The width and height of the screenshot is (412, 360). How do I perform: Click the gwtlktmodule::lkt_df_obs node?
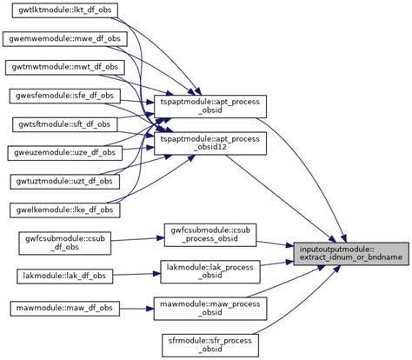[x=63, y=10]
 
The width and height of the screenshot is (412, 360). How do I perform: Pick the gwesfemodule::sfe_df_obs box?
[x=63, y=96]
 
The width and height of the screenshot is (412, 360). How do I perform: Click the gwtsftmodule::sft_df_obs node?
[x=63, y=124]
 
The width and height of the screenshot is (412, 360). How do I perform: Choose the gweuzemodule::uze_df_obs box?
[x=63, y=152]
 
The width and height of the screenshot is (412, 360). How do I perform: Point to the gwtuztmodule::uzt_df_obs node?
[x=63, y=181]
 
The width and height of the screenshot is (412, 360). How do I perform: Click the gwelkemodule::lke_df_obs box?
[x=63, y=210]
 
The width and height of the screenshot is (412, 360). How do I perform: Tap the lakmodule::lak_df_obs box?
[x=63, y=276]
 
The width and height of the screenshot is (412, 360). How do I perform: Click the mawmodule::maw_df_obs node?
[x=63, y=309]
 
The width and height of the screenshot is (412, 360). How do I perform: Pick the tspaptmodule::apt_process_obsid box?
[x=215, y=106]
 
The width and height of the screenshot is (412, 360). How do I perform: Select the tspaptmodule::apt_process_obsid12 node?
[x=215, y=143]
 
